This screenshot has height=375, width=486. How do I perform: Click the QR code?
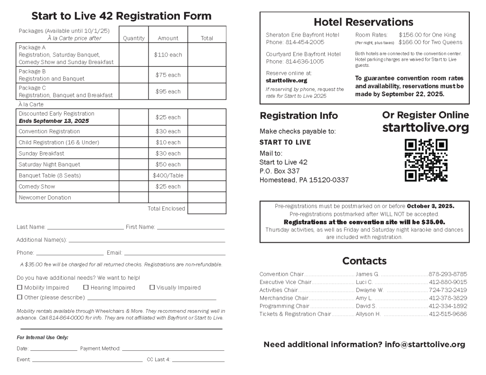(426, 160)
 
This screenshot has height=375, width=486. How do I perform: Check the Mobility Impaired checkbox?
(19, 287)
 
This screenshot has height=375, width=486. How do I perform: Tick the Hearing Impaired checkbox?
(86, 287)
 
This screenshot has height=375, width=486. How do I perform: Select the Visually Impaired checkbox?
(152, 287)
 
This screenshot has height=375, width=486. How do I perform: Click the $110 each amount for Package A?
(168, 55)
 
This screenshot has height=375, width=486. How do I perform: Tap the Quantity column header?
(133, 38)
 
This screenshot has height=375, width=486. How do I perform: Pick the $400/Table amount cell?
(168, 175)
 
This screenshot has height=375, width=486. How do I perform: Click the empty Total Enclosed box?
(206, 209)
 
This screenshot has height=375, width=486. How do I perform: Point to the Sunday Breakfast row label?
(41, 154)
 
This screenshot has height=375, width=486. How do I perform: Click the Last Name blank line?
(85, 228)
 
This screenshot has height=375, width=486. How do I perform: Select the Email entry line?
(174, 253)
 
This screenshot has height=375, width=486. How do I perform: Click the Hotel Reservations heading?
(364, 22)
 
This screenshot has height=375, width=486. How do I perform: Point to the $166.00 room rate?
(410, 42)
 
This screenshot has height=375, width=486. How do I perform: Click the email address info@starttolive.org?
(425, 345)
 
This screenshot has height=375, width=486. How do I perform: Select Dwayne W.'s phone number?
(448, 290)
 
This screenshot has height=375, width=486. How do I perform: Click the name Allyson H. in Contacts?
(368, 314)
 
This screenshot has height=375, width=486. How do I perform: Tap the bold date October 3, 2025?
(430, 206)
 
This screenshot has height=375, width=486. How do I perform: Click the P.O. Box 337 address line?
(280, 171)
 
